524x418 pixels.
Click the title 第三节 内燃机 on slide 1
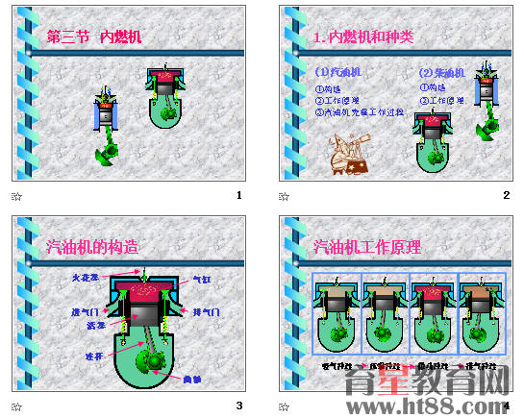click(x=95, y=37)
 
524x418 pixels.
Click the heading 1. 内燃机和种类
click(x=364, y=37)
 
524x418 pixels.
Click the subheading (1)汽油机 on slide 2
click(x=338, y=72)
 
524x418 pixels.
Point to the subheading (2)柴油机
click(x=442, y=72)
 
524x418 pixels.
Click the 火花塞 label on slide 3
click(x=85, y=278)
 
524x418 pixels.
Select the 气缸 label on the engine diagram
click(x=202, y=280)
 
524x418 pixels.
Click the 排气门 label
click(x=206, y=312)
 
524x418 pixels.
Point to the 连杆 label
click(x=92, y=356)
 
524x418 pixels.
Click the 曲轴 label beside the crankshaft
click(x=191, y=379)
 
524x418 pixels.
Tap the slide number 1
click(x=238, y=196)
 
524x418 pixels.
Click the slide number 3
click(x=238, y=406)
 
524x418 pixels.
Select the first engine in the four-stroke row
click(x=337, y=313)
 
